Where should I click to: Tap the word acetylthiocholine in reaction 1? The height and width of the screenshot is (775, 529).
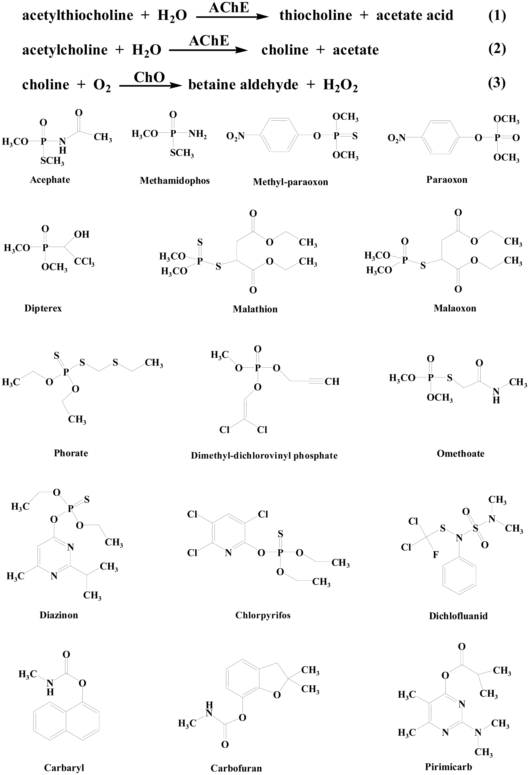click(78, 15)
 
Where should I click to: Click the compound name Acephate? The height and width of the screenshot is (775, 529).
click(50, 180)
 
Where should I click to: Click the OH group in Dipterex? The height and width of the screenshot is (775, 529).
click(82, 234)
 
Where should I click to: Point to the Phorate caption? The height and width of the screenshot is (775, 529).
click(71, 453)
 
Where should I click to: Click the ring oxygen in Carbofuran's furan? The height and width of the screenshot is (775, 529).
click(277, 695)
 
